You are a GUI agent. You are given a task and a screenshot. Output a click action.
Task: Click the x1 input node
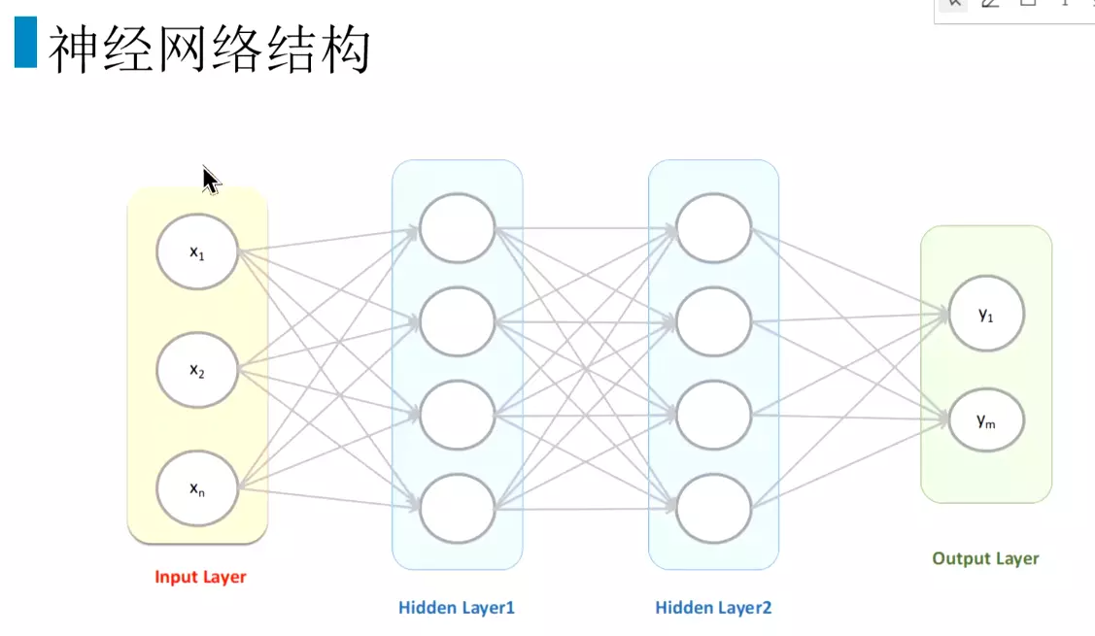197,251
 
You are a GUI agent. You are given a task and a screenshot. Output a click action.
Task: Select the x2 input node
197,370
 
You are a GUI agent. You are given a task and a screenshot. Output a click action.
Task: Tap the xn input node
197,487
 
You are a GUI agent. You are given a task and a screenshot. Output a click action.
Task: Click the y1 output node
986,314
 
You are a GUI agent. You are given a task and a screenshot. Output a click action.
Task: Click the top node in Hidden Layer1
458,229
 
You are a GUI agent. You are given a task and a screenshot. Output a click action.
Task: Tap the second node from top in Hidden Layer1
458,321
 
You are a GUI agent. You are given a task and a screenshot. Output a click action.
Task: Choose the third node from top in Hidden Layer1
458,415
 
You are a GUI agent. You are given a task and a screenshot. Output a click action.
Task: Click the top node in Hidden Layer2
714,229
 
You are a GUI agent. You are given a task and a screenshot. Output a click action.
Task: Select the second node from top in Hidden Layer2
714,321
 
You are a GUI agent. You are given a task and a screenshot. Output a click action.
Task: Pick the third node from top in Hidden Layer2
714,415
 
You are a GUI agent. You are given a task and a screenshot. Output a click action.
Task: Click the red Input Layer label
200,577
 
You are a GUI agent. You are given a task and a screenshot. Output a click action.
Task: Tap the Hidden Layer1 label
457,608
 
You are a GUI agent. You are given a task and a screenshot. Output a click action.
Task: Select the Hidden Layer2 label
713,608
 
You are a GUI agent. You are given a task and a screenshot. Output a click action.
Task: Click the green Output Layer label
985,558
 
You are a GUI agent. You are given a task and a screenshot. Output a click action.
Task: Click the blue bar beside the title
25,44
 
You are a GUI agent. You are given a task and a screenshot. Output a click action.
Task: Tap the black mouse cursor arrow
211,181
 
